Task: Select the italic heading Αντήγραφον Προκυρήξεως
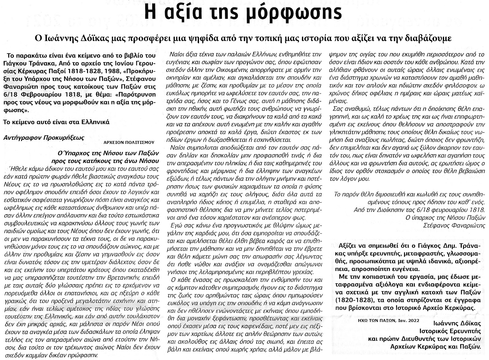[43, 138]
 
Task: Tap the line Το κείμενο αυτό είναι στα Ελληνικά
[56, 122]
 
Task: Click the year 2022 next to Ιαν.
[414, 321]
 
